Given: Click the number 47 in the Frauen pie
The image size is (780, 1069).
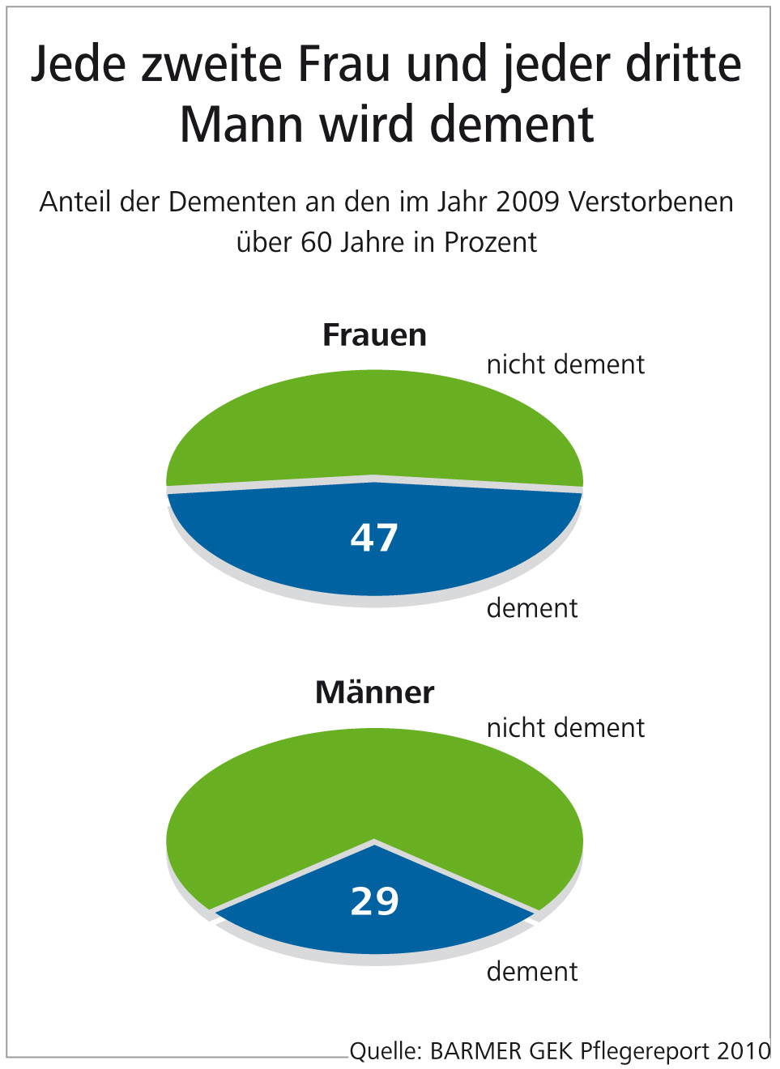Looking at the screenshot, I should tap(374, 538).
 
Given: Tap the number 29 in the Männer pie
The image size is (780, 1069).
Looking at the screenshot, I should tap(374, 901).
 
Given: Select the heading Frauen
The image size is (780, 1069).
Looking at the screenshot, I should tap(374, 334).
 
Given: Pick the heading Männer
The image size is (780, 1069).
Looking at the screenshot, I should tap(374, 692).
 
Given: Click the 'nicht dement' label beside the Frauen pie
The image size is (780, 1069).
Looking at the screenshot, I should tap(565, 364).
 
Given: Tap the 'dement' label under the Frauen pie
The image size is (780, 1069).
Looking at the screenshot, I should tap(532, 608).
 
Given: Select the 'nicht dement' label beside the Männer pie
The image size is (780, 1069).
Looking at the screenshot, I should tap(565, 728).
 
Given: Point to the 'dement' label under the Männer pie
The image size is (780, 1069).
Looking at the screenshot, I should tap(532, 972).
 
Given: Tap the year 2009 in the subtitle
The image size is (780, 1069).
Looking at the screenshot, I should tap(527, 202).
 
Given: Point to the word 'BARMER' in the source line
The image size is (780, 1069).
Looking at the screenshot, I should tap(476, 1051).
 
